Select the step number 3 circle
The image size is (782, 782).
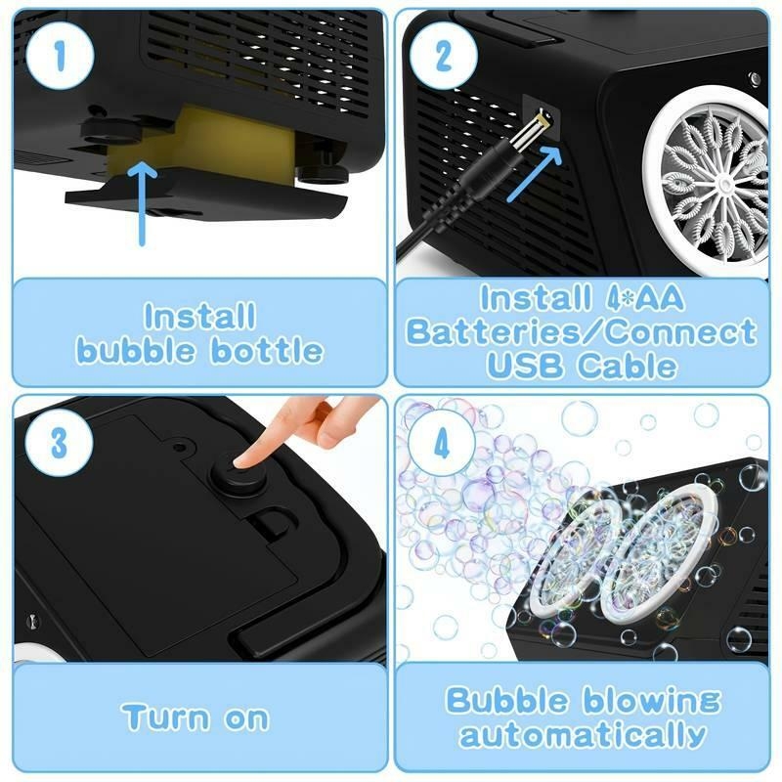[60, 442]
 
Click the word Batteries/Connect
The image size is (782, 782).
[582, 331]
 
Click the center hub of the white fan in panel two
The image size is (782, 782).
[720, 181]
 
